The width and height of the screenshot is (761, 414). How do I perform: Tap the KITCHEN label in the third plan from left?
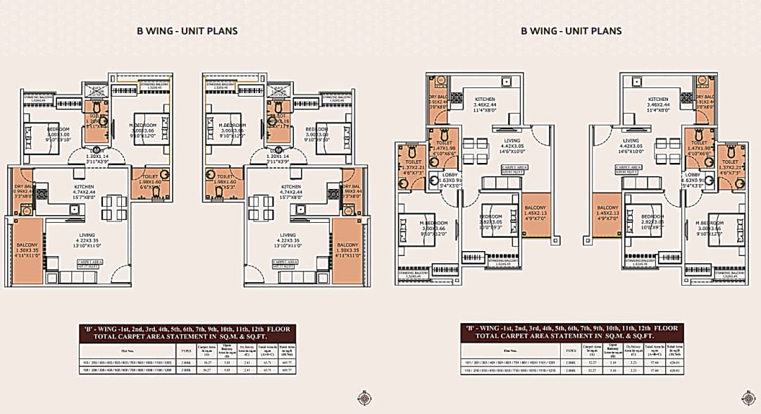(484, 100)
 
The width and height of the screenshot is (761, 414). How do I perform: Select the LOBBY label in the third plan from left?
(450, 174)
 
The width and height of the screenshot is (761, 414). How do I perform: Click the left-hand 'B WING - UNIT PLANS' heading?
(187, 31)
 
